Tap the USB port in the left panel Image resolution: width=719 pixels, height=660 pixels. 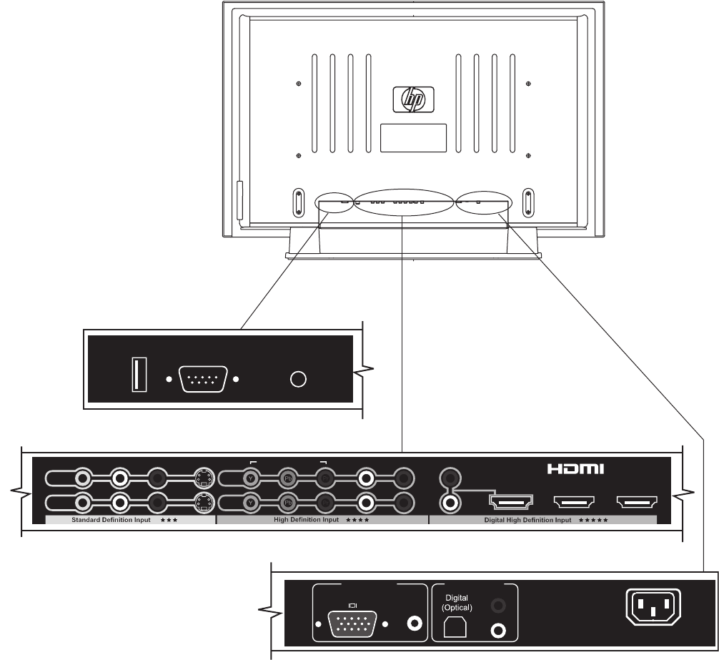[139, 375]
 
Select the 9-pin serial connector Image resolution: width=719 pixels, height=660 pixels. [202, 379]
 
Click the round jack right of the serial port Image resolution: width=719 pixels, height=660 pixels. [299, 379]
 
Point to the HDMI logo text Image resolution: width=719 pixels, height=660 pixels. [576, 470]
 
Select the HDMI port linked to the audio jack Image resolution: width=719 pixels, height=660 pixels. [510, 501]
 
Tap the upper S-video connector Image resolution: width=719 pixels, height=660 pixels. [204, 478]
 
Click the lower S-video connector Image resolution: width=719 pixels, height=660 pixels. [204, 502]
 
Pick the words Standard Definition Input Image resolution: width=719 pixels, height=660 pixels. [111, 521]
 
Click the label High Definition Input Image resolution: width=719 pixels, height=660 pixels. [306, 521]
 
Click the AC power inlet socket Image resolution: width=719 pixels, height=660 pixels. [653, 609]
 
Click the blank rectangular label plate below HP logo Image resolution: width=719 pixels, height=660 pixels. [413, 137]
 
